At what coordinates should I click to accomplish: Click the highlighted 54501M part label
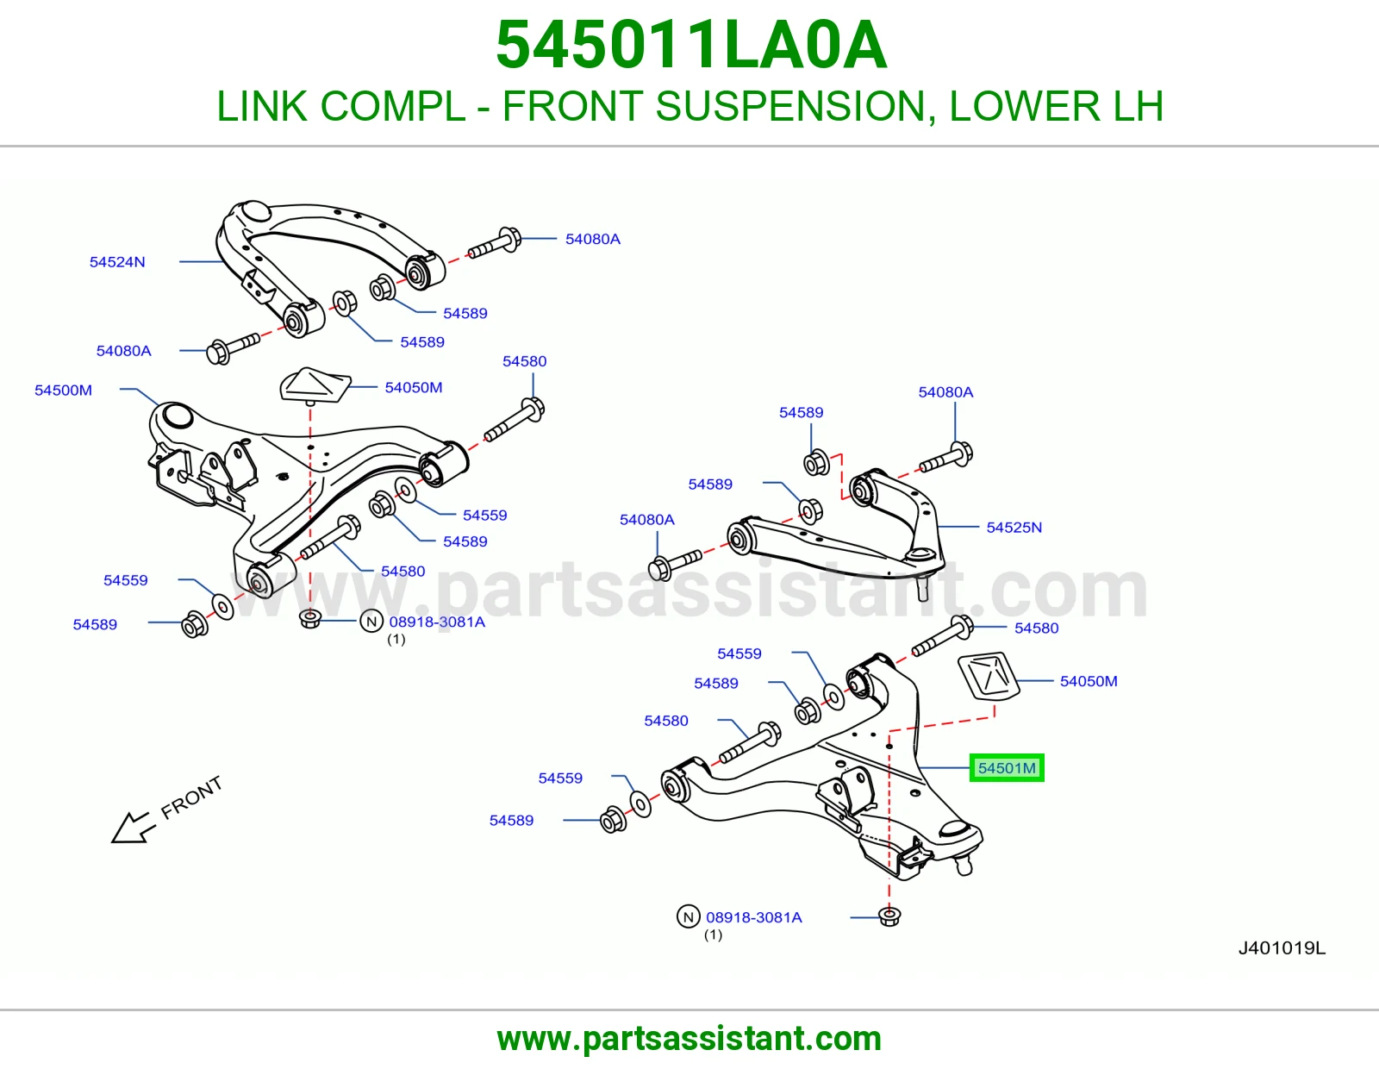click(1007, 768)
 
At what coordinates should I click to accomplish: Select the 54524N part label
click(117, 261)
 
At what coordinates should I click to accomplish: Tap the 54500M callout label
click(64, 390)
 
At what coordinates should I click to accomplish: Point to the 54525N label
click(1014, 527)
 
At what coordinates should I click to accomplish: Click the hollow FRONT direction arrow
click(133, 828)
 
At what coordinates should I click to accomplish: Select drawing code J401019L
click(1282, 947)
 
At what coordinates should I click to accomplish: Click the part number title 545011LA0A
click(691, 45)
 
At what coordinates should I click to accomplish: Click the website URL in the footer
click(689, 1039)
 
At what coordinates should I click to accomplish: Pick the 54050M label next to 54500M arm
click(414, 387)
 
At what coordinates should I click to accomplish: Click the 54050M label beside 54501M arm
click(1089, 681)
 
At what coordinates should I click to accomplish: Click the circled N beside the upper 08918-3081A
click(371, 622)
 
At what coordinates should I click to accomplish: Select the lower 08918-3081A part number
click(754, 917)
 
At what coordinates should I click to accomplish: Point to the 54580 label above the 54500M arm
click(524, 361)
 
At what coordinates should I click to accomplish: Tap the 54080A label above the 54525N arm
click(945, 391)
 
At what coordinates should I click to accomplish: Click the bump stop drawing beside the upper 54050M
click(315, 384)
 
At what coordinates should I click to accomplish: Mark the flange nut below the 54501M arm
click(889, 916)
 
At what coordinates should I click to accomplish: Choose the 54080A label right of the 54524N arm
click(593, 239)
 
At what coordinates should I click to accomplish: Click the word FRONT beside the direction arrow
click(191, 797)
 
